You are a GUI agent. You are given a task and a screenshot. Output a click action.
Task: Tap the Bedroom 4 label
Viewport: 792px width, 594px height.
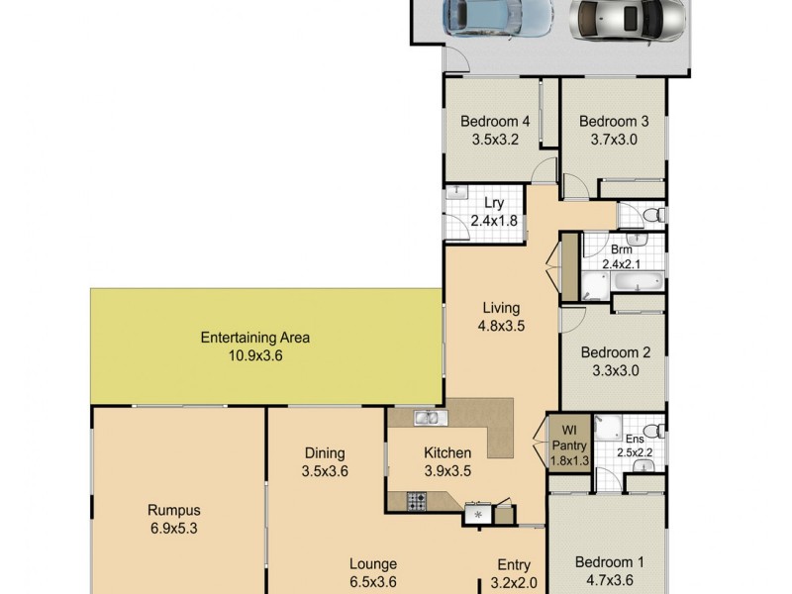tap(496, 123)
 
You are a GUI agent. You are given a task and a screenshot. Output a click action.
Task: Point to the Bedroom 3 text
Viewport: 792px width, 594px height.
tap(614, 123)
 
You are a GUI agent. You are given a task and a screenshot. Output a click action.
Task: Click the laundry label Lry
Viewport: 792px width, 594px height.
tap(480, 203)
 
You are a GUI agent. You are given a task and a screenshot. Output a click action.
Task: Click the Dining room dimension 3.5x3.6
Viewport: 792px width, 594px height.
tap(324, 472)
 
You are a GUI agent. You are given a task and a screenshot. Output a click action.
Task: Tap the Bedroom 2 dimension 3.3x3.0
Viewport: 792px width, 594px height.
tap(615, 370)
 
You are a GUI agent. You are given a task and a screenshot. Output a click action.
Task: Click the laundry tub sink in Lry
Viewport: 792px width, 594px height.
tap(457, 194)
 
